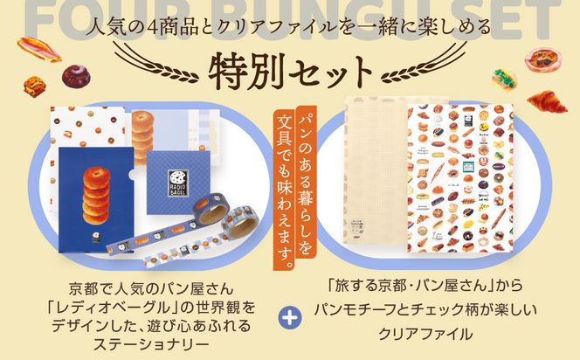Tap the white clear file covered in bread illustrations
[x=459, y=179]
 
